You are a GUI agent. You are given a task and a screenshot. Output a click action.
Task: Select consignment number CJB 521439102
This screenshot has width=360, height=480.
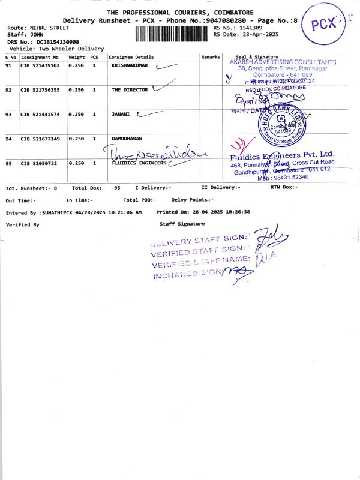40,65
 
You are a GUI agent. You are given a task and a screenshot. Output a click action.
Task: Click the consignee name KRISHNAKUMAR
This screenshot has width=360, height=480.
130,65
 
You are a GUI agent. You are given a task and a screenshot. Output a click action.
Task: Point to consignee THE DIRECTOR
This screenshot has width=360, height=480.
129,89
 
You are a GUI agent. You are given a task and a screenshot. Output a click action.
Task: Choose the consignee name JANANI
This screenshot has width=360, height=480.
121,114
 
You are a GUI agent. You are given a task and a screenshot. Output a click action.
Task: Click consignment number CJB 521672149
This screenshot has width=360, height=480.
40,139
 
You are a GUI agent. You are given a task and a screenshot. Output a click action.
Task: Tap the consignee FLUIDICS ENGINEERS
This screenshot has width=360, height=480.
139,163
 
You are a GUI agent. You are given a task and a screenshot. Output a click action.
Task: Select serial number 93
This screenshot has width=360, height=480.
8,114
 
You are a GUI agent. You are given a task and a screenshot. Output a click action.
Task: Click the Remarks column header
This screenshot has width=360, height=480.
211,57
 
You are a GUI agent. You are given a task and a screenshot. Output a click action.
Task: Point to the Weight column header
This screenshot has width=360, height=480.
76,57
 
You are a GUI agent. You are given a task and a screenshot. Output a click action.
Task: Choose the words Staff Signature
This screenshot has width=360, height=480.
182,224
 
